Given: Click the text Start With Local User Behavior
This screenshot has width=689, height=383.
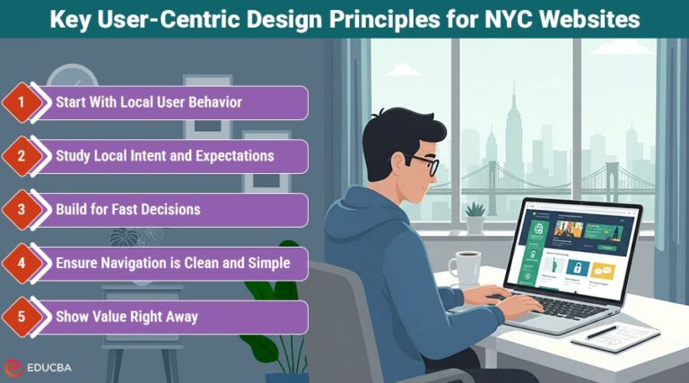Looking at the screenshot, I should [148, 102].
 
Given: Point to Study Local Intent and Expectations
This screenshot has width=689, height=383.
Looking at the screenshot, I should [164, 156].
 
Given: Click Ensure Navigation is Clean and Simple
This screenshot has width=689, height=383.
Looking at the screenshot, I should [172, 264].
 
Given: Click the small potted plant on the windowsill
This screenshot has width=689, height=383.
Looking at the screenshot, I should [475, 218].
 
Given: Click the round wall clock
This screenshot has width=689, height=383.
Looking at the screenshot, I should [72, 79].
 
